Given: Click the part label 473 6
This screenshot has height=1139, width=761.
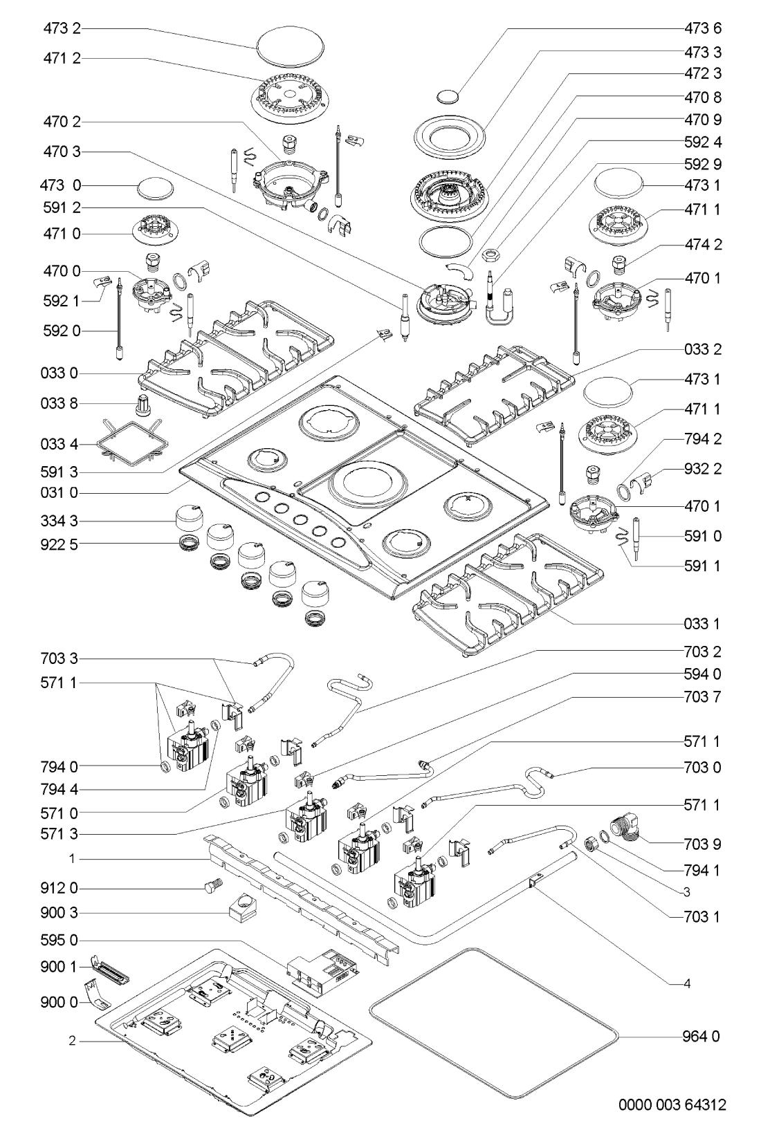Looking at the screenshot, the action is [x=702, y=28].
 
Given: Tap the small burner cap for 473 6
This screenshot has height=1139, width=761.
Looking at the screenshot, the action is [x=447, y=97].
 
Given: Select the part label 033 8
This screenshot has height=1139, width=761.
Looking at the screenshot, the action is [x=59, y=403].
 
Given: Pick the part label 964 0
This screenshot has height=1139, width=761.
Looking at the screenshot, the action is [x=702, y=1036].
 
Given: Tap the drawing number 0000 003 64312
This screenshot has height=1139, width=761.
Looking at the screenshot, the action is [x=672, y=1104].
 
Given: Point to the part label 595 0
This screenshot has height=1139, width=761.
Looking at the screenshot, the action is [x=59, y=941].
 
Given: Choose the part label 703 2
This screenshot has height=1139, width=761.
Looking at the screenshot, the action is [x=702, y=651].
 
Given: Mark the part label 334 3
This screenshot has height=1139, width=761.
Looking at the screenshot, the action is [x=59, y=521].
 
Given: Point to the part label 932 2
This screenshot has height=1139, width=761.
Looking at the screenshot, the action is [x=702, y=468].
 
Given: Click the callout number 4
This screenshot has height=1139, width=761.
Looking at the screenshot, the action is [x=687, y=983].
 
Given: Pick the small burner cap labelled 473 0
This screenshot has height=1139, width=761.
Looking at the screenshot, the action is [x=155, y=188].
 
